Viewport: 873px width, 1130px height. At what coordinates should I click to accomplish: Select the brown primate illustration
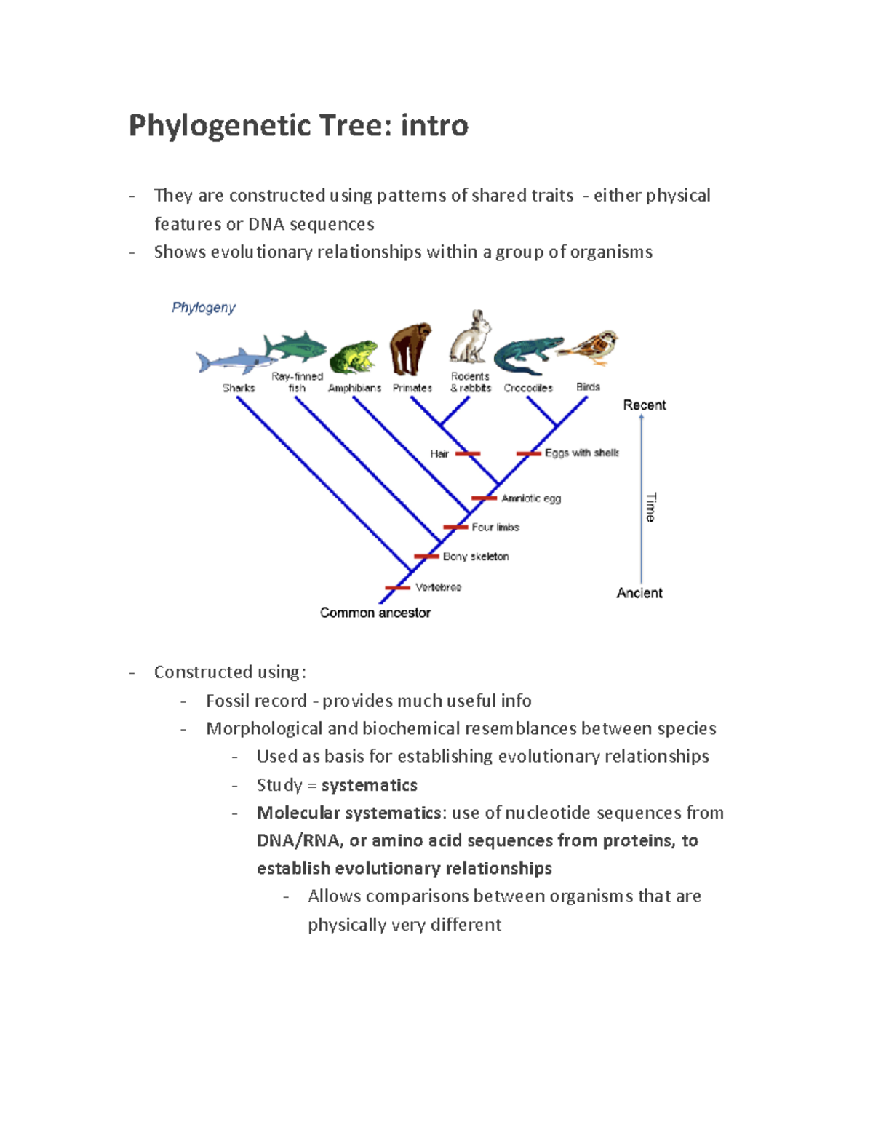410,350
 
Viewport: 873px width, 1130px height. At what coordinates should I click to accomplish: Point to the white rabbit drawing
470,338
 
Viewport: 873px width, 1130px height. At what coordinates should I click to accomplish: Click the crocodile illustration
526,354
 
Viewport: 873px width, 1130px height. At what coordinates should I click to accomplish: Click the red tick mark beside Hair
467,454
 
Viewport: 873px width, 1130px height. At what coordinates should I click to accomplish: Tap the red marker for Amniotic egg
484,498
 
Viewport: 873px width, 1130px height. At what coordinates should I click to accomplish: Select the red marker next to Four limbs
455,528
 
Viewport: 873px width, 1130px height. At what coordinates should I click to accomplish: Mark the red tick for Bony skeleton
426,557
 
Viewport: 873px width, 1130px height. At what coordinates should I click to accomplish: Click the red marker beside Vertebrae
397,588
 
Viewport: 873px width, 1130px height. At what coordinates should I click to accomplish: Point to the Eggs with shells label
581,453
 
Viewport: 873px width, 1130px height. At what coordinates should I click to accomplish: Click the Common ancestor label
375,613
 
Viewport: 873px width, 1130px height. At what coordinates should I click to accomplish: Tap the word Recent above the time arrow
644,405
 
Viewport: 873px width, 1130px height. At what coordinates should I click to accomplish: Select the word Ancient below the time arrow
639,593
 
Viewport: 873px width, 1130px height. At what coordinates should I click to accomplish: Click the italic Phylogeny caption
204,308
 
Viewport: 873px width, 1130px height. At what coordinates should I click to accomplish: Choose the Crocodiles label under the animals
528,389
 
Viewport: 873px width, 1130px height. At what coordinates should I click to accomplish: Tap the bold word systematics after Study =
369,785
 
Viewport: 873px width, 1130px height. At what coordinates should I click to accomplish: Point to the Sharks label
239,389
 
